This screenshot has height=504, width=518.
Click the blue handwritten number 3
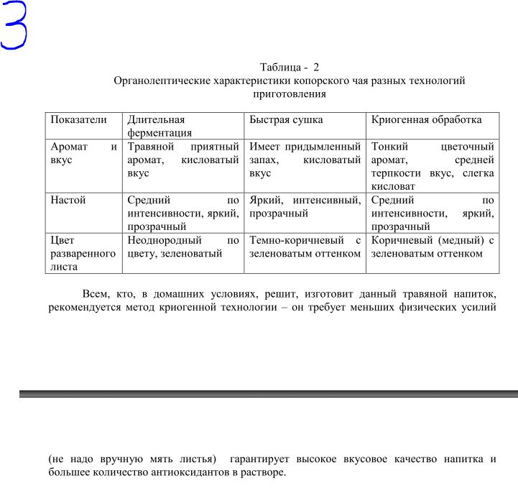[14, 26]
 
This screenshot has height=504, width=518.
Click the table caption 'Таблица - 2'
[289, 68]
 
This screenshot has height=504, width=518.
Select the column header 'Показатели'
[78, 120]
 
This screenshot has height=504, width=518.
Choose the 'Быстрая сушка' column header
[286, 120]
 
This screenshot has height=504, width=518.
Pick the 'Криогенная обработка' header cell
[426, 120]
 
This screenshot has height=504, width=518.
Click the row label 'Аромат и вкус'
[83, 153]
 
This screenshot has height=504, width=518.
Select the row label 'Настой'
[68, 200]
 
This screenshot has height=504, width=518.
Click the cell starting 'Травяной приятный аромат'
[182, 160]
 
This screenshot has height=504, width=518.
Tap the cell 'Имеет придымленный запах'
[305, 160]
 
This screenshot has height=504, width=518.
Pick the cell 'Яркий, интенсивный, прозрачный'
[305, 206]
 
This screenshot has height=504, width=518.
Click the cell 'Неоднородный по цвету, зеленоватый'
[182, 247]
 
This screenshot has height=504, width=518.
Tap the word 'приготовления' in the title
[290, 93]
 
